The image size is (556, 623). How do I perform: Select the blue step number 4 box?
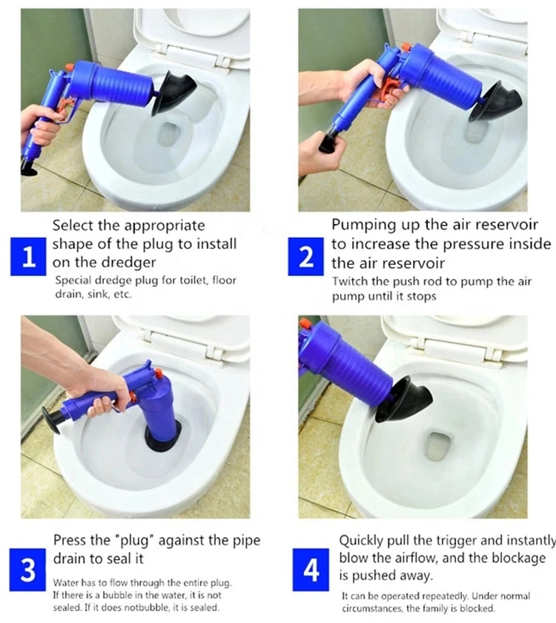[312, 570]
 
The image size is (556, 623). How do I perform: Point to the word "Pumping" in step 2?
[358, 225]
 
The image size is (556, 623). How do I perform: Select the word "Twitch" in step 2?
[350, 281]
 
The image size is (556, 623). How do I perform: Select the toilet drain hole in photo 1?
[170, 134]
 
